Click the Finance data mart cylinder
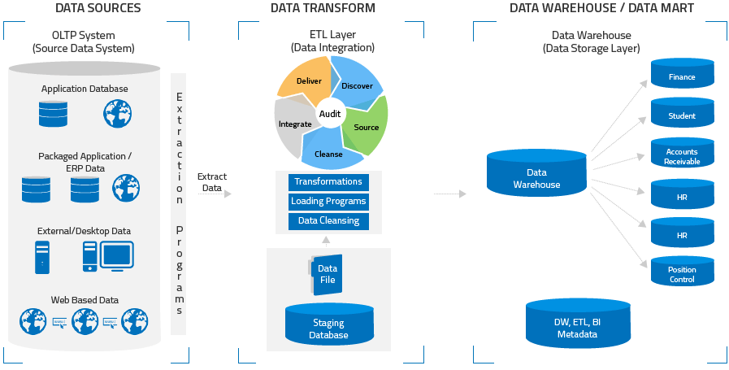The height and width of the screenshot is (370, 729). [682, 76]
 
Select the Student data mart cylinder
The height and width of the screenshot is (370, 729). [682, 115]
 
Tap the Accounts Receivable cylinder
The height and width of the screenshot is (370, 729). [682, 155]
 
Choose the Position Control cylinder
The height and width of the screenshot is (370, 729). [682, 273]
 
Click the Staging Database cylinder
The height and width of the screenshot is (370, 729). [328, 326]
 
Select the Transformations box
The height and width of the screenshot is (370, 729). [328, 182]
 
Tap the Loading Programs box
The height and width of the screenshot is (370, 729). [328, 202]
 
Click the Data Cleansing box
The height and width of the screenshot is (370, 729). [328, 221]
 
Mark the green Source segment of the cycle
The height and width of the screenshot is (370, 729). [367, 128]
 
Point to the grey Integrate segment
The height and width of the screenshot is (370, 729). [293, 124]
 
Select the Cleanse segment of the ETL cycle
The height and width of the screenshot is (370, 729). [328, 152]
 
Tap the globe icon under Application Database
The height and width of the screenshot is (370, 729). [117, 113]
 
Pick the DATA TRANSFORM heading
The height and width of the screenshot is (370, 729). [323, 8]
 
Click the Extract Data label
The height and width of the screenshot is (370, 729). [211, 182]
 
